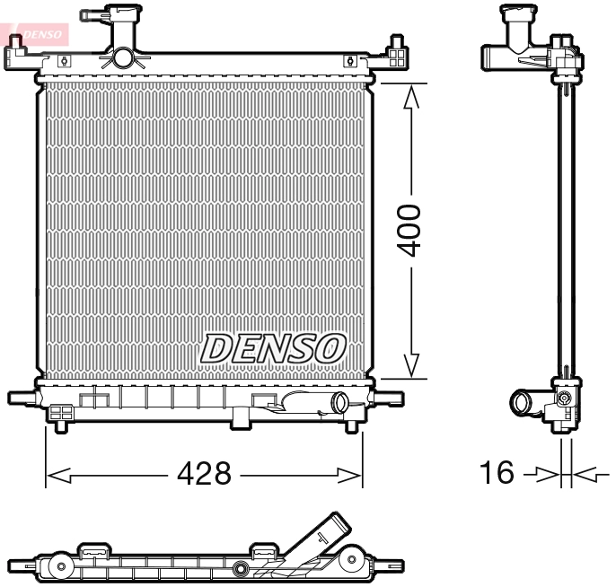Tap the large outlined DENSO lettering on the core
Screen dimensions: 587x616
pos(273,348)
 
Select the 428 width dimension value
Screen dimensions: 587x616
pos(204,473)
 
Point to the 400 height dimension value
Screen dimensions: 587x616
pos(410,231)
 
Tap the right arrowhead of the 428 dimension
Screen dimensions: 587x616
pos(351,474)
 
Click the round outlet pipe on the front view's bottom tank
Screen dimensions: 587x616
pos(340,403)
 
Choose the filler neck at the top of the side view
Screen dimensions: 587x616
pos(520,22)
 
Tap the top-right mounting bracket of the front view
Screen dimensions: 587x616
pos(395,55)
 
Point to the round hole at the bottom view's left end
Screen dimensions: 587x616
pos(60,566)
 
